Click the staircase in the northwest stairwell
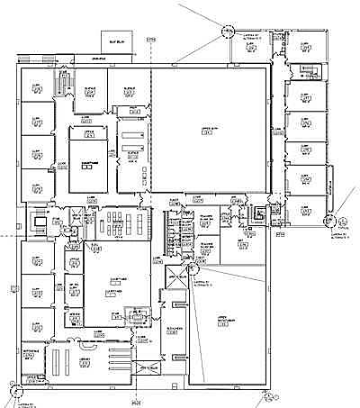(61, 85)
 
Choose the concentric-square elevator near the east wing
(260, 214)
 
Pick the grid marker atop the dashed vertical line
(150, 41)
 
